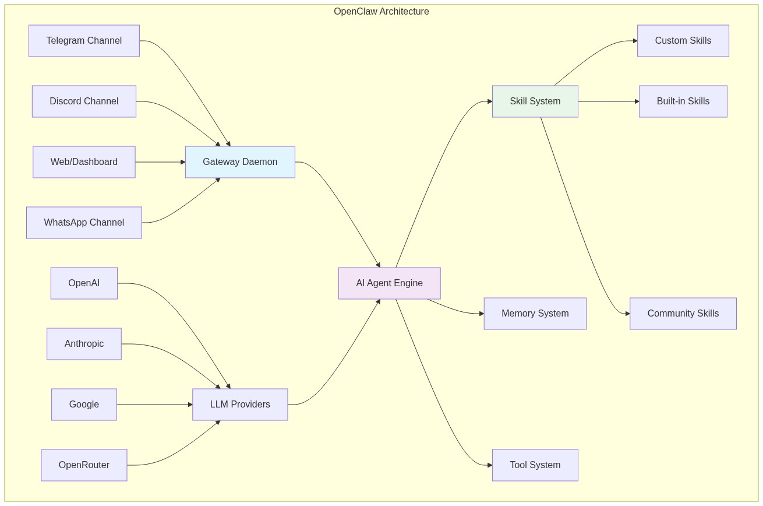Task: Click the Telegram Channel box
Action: (84, 41)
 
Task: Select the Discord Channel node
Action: (84, 101)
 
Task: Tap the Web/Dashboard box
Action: (84, 162)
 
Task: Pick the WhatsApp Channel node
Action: (84, 223)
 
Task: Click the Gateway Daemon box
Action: (240, 162)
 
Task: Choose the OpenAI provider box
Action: (84, 283)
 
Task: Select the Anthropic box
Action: (84, 344)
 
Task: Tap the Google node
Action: (84, 405)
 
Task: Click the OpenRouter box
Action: (84, 465)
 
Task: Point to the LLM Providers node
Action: (240, 405)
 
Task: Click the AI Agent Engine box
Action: (389, 283)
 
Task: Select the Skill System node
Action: (535, 101)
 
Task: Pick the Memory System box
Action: (535, 314)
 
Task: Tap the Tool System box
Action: (535, 465)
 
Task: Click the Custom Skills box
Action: (683, 41)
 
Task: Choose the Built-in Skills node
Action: (683, 101)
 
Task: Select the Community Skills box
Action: (683, 314)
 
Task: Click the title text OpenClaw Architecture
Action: (381, 12)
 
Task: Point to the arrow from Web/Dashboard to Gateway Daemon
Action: (160, 162)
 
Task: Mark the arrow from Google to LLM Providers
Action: (154, 405)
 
